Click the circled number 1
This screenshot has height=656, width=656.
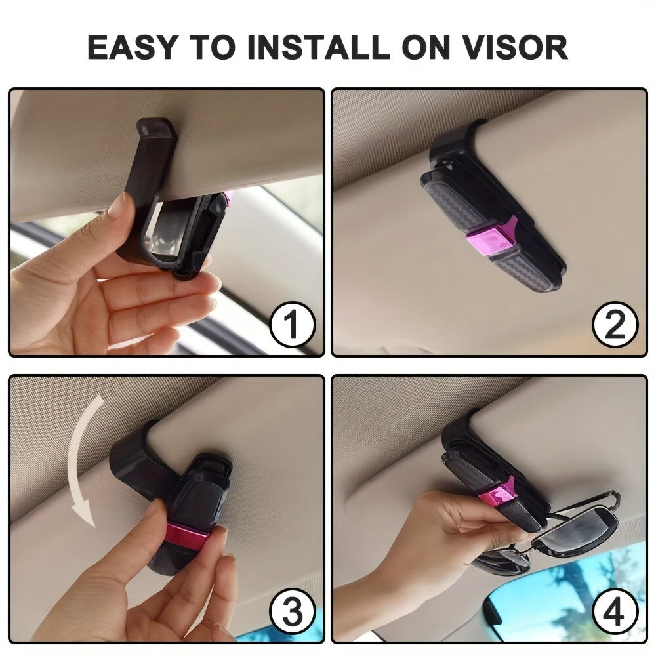click(293, 326)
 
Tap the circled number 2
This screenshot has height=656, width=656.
click(615, 326)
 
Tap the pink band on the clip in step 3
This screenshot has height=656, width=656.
click(186, 535)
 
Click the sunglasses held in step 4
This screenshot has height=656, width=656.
click(564, 531)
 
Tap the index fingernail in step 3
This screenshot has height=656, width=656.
click(155, 508)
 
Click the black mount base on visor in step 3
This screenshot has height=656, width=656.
click(134, 459)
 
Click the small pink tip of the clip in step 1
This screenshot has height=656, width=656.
click(228, 197)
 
